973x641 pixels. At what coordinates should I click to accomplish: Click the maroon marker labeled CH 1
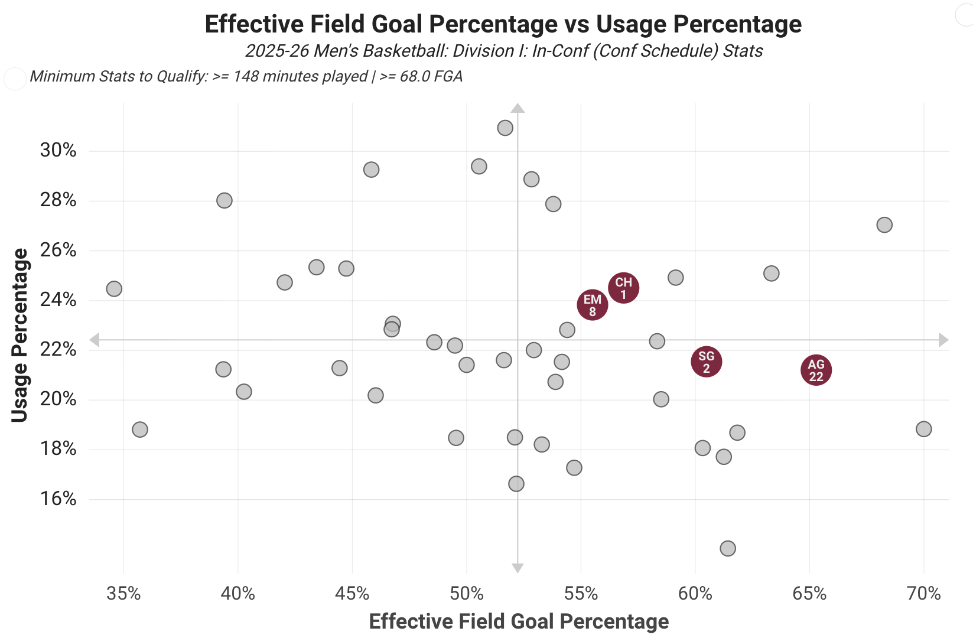623,288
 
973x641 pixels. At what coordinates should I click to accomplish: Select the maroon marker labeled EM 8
592,305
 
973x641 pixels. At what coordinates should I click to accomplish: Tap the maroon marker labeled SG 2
706,362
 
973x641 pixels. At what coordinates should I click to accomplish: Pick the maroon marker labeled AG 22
816,370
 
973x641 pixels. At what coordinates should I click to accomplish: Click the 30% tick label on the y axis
58,150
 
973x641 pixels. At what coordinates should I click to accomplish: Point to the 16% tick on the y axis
58,499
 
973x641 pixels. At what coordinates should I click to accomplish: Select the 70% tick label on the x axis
923,593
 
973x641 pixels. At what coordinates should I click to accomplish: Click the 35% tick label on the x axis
123,593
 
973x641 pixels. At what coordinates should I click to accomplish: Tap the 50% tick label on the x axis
466,593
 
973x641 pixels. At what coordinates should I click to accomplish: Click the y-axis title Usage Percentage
19,335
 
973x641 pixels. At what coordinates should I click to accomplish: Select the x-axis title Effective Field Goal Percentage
519,622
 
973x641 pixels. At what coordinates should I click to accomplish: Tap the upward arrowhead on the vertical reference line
518,108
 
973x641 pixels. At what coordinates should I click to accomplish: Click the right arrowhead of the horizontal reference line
943,340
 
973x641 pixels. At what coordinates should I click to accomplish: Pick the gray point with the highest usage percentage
505,128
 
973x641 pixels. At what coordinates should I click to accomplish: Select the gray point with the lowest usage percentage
728,548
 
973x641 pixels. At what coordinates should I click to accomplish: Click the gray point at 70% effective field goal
923,429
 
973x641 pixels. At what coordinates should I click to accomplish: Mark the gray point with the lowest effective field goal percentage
114,289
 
